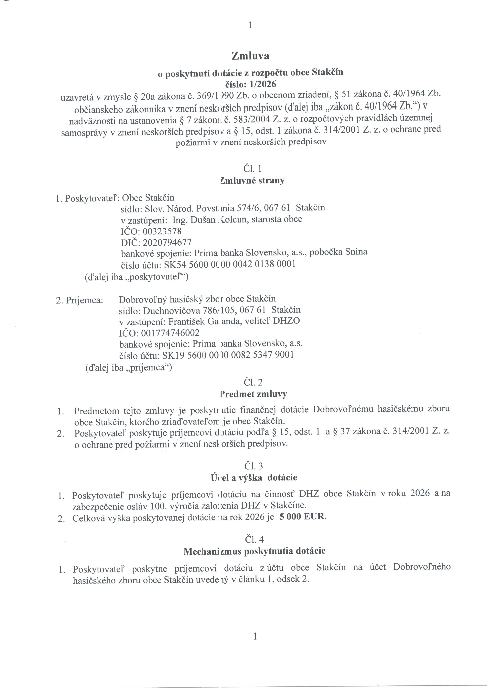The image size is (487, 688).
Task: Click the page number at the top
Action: tap(250, 25)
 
